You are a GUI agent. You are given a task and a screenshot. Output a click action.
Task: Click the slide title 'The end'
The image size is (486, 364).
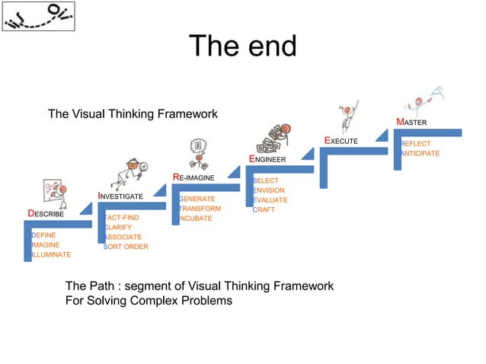242,46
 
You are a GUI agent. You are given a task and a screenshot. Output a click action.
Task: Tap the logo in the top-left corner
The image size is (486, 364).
38,17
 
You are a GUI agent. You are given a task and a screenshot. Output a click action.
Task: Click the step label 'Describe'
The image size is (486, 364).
46,214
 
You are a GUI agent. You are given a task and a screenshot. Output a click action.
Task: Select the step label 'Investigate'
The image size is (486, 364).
120,196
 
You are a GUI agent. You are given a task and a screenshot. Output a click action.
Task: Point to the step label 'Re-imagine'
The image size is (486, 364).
193,177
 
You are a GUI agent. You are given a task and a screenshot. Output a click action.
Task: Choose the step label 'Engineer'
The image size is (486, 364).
267,159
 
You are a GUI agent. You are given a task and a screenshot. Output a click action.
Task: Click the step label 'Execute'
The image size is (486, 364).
341,141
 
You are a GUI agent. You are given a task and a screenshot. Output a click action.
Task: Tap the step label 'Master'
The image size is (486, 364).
411,123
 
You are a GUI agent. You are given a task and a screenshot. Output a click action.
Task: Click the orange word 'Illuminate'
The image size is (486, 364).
51,255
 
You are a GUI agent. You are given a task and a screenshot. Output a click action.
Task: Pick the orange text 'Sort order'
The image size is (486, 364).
126,247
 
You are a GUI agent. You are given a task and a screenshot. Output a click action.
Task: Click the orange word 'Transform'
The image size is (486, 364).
200,209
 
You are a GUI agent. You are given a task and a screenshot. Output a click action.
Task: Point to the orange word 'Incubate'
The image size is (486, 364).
196,219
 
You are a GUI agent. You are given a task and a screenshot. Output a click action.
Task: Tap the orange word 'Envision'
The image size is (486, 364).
269,190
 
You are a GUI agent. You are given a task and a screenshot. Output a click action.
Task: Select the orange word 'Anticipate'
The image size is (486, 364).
420,154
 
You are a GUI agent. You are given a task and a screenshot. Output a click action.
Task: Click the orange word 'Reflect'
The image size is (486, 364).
416,144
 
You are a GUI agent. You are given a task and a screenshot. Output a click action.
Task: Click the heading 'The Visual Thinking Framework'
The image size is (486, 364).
133,114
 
